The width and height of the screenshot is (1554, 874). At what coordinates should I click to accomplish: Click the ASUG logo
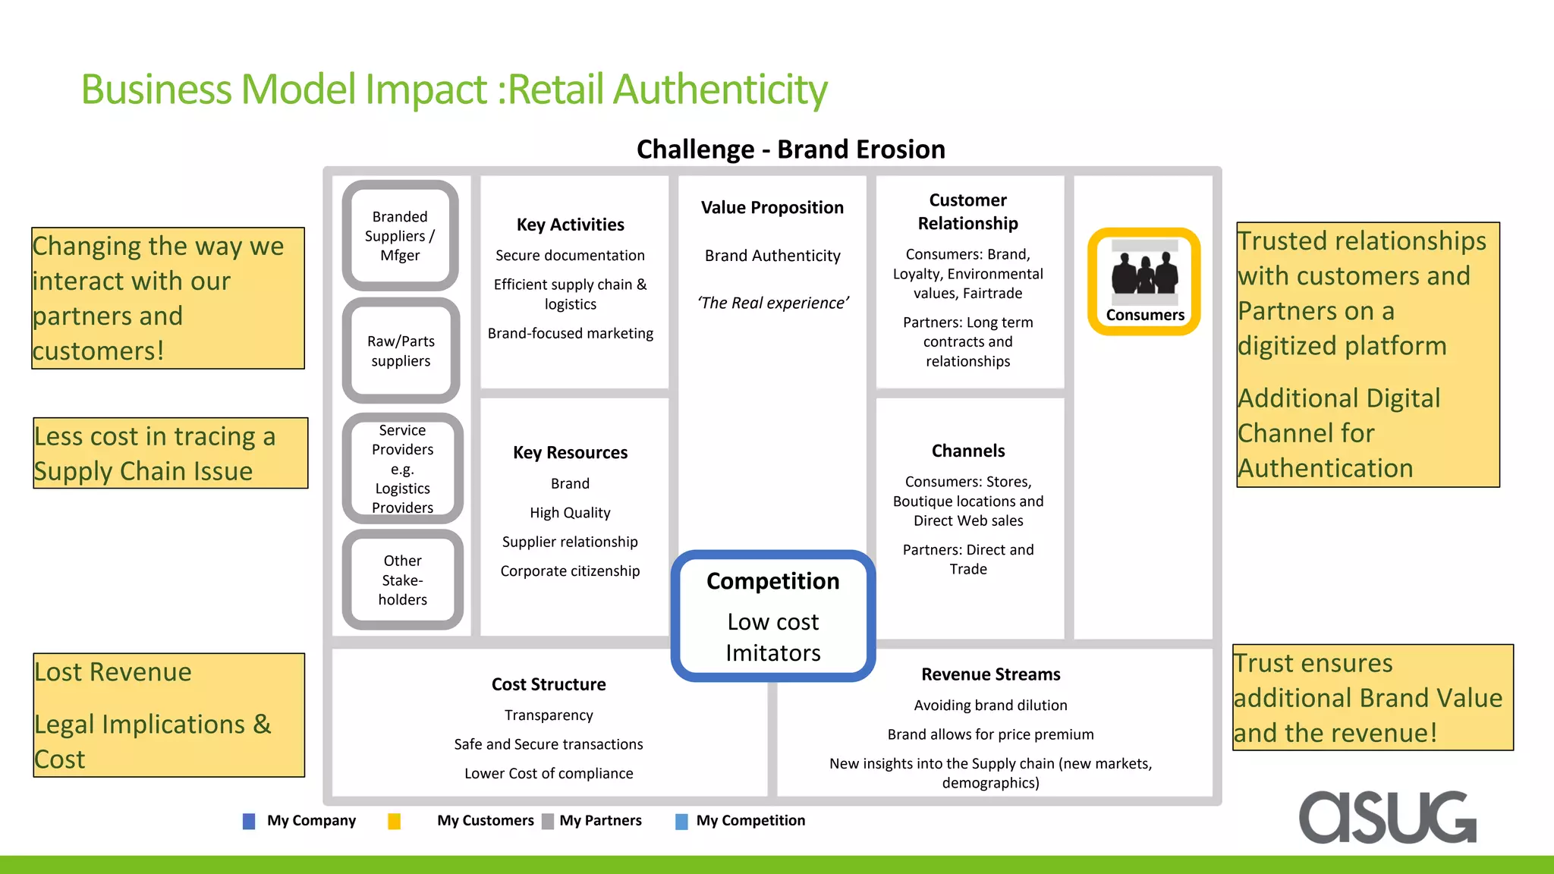coord(1387,817)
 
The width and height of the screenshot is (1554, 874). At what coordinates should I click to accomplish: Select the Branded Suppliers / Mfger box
coord(400,236)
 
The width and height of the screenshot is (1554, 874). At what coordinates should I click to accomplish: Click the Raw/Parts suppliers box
coord(401,351)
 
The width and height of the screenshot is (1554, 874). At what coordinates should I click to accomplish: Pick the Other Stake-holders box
coord(402,580)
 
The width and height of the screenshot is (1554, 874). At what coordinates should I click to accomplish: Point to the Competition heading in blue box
coord(772,581)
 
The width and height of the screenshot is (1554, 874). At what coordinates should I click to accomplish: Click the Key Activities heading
coord(570,225)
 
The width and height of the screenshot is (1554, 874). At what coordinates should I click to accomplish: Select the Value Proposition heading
coord(772,208)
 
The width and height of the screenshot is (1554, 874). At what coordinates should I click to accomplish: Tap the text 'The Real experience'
coord(772,303)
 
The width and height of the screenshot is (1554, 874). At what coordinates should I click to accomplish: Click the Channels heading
coord(967,451)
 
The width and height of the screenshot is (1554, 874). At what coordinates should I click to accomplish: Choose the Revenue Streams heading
coord(990,674)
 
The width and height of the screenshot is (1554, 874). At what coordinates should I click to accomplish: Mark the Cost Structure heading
coord(549,684)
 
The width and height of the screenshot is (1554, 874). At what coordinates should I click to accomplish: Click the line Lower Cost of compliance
coord(549,773)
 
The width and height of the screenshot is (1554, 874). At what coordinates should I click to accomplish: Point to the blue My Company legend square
coord(249,821)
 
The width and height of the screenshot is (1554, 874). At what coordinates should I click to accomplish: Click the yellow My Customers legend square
coord(394,821)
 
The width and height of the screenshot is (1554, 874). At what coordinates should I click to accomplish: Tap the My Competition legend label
coord(750,820)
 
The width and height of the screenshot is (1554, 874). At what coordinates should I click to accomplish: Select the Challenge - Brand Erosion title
coord(791,149)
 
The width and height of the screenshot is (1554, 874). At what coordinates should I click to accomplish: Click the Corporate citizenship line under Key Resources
coord(570,571)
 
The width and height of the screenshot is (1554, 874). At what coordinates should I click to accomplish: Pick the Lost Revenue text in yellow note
coord(113,672)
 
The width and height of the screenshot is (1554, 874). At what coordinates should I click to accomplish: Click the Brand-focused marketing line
coord(570,333)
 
